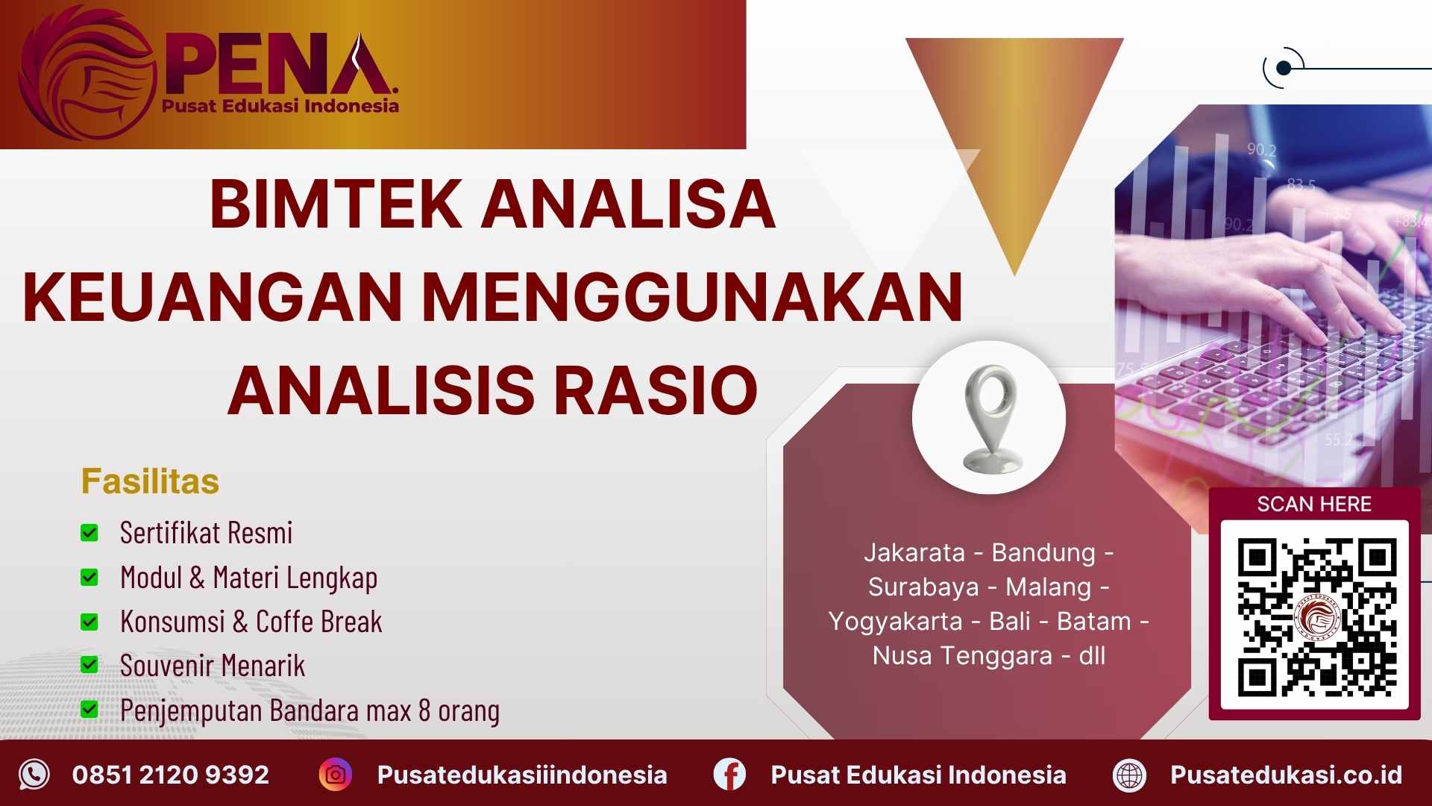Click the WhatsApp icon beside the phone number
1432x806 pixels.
tap(34, 775)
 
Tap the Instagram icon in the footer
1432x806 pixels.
tap(336, 775)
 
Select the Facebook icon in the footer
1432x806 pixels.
tap(729, 775)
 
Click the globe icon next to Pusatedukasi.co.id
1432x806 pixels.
tap(1129, 775)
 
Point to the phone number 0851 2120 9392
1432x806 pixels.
tap(170, 775)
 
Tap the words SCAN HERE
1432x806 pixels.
tap(1314, 504)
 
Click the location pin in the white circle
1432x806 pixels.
tap(990, 417)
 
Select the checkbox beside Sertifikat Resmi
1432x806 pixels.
tap(89, 533)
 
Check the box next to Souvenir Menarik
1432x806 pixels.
tap(89, 665)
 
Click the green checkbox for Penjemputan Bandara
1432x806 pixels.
tap(89, 709)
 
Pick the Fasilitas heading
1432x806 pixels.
tap(150, 481)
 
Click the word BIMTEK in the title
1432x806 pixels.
tap(336, 204)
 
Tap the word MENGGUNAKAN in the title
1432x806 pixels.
tap(692, 297)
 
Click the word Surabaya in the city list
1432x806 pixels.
tap(923, 587)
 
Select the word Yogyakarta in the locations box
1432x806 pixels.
tap(896, 621)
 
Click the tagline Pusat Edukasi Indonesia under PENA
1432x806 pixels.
tap(280, 106)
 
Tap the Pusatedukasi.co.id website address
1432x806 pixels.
tap(1286, 775)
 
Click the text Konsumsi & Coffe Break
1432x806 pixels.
tap(251, 622)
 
